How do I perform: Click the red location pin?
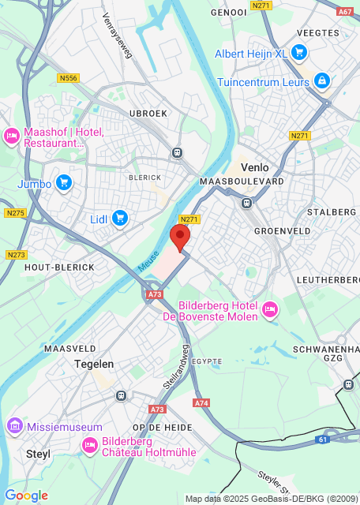tap(181, 237)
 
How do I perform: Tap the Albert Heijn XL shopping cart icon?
tap(298, 53)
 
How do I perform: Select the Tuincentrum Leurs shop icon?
tap(321, 80)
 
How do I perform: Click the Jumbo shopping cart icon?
tap(64, 184)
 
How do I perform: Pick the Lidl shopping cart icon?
tap(120, 218)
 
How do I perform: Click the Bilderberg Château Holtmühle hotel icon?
tap(90, 447)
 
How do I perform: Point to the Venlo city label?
tap(254, 167)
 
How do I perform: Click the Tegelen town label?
tap(94, 364)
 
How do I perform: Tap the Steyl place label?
tap(38, 454)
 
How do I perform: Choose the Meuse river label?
tap(148, 263)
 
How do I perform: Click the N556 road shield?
tap(69, 78)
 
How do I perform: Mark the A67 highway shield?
tap(345, 12)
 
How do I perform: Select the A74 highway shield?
tap(201, 403)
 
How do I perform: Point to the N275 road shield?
tap(14, 213)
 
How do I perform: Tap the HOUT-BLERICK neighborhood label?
tap(59, 267)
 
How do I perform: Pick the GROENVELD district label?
tap(282, 230)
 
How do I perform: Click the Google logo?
tap(26, 496)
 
